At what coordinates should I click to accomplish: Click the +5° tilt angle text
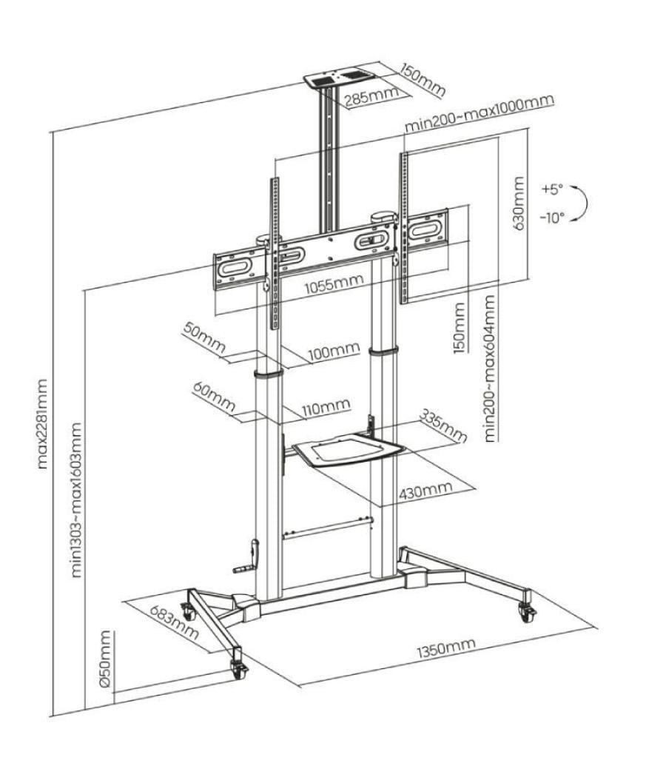click(552, 189)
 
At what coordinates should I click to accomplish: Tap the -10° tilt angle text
click(552, 218)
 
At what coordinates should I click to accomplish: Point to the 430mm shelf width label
click(425, 492)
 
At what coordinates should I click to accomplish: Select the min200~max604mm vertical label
click(489, 366)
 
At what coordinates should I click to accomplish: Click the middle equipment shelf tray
click(345, 450)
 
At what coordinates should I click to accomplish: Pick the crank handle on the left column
click(249, 561)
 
